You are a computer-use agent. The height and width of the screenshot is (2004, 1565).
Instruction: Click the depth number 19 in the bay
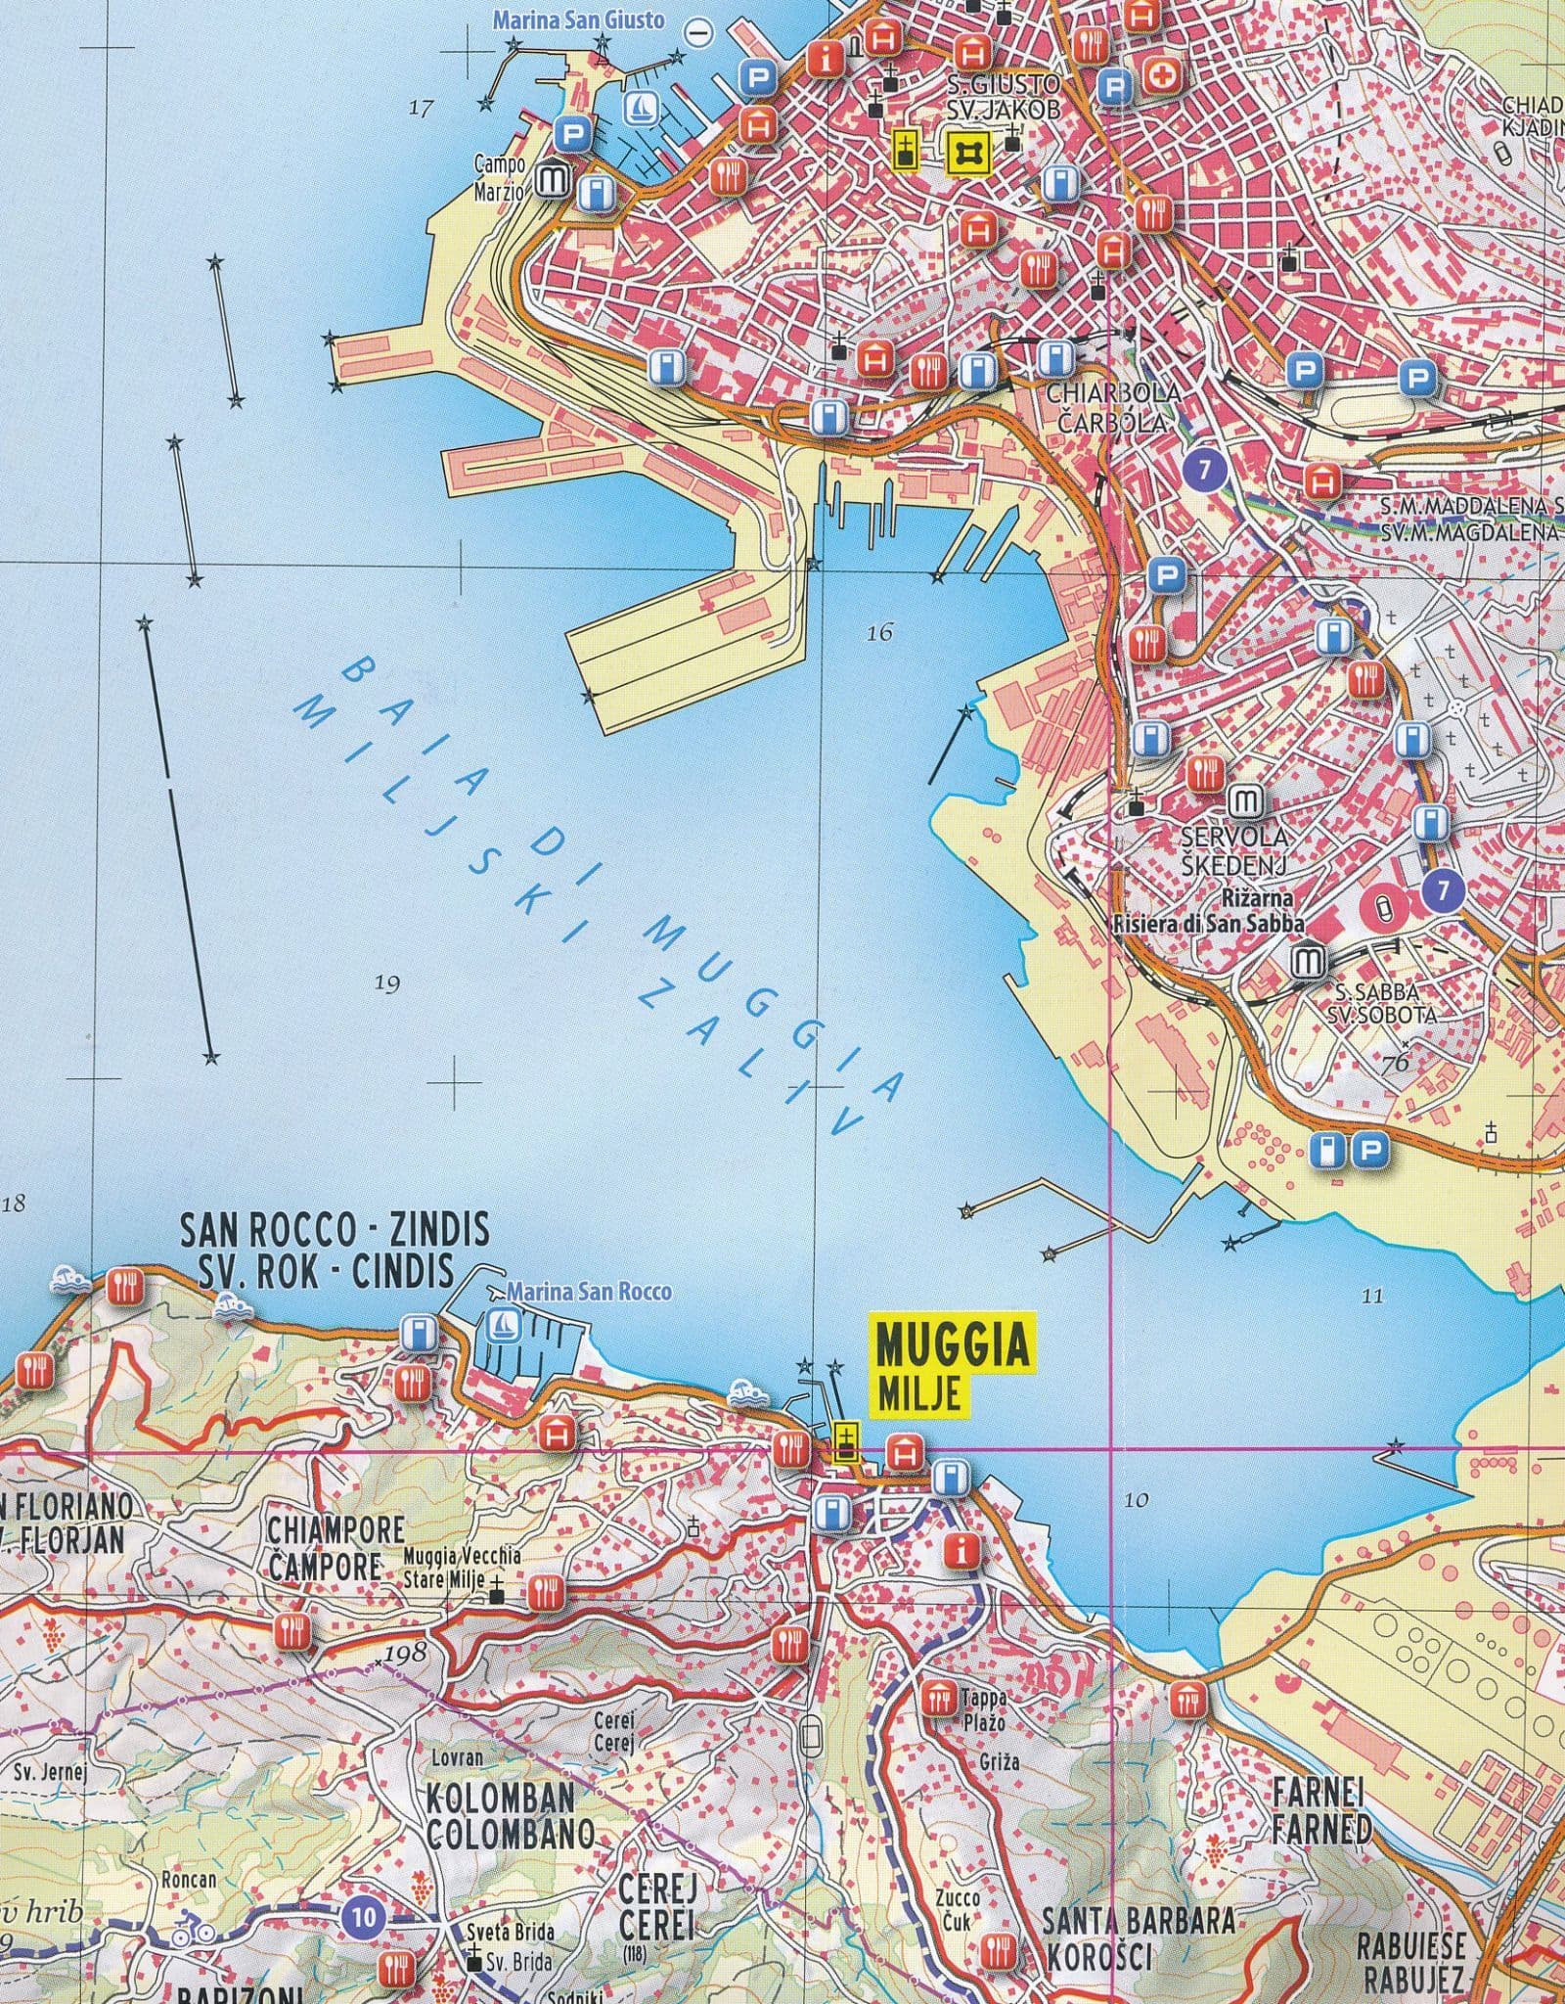pos(388,983)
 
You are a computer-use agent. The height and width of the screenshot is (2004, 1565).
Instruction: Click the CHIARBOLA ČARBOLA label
pos(1112,407)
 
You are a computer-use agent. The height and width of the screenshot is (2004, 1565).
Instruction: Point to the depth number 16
pos(879,633)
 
